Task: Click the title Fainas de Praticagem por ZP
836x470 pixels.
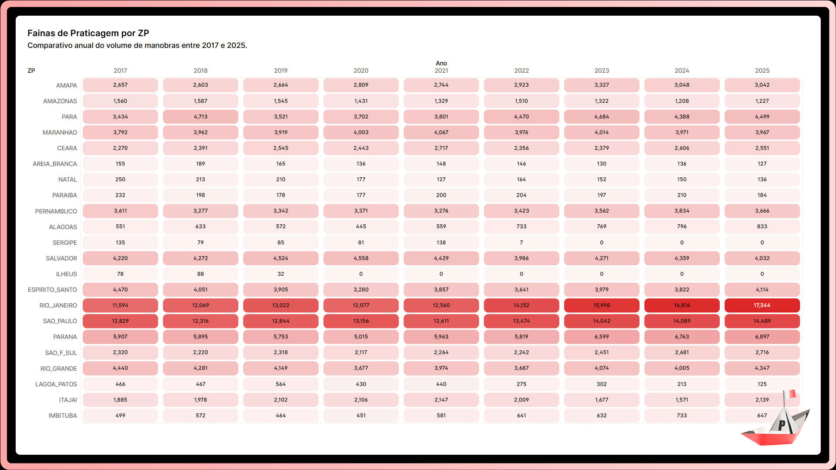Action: [x=88, y=33]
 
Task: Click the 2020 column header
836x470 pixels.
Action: [x=361, y=71]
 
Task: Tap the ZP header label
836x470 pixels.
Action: [x=31, y=71]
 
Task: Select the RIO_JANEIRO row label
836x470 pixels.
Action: [x=58, y=305]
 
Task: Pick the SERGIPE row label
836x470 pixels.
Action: [x=64, y=243]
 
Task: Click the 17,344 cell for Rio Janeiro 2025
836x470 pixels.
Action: [x=762, y=305]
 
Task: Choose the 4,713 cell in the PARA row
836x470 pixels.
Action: [x=200, y=117]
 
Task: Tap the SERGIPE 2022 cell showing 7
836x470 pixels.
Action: [x=521, y=243]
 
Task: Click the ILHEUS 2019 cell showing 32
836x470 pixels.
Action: [x=281, y=274]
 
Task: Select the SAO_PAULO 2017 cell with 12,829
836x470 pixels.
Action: [x=120, y=321]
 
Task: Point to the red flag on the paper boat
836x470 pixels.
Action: [x=791, y=394]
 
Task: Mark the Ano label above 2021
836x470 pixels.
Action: [x=441, y=63]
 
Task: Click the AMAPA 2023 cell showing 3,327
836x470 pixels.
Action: [x=602, y=85]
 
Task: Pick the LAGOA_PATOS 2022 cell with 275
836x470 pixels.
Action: [x=521, y=384]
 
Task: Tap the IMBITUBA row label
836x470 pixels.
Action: [x=63, y=416]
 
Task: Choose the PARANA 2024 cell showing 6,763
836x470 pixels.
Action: [x=682, y=337]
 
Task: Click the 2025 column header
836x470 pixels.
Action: [x=762, y=71]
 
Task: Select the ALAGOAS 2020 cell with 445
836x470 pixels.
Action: [x=361, y=227]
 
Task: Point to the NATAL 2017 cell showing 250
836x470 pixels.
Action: [x=120, y=179]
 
